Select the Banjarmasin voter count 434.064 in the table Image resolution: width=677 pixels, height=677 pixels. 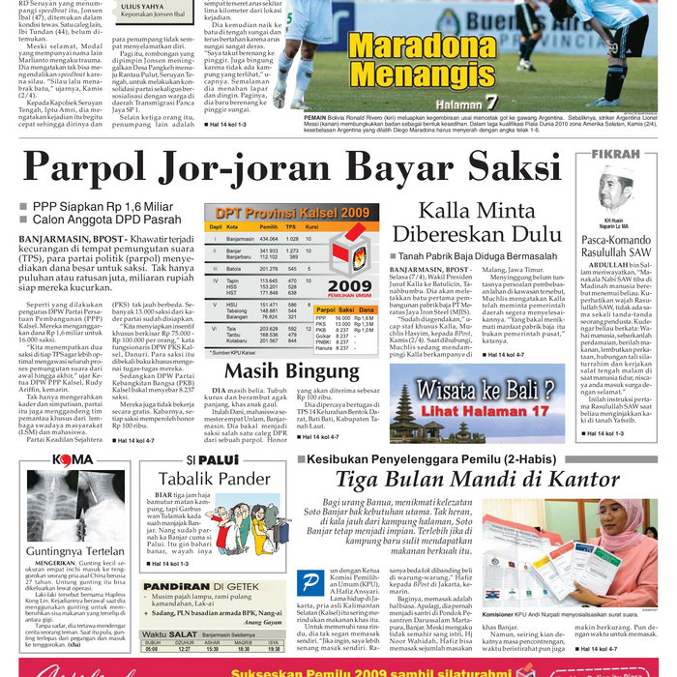pos(268,238)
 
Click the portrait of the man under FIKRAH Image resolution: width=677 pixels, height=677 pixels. pos(614,185)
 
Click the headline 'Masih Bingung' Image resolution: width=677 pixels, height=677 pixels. pos(279,371)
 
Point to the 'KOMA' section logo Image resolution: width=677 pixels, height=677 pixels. pos(73,459)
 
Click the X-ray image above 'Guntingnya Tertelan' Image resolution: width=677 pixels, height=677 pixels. pos(73,506)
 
